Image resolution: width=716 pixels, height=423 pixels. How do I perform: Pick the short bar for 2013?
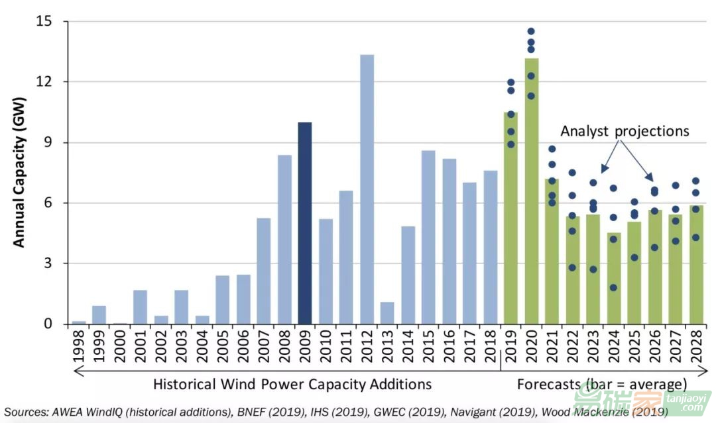pos(387,312)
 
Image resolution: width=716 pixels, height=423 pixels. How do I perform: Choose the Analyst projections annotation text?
pos(625,131)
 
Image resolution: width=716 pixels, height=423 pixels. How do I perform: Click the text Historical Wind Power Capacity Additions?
pos(292,384)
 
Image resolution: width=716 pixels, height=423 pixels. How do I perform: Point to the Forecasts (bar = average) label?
pos(602,384)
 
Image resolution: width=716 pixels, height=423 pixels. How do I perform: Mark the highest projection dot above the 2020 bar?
pos(531,31)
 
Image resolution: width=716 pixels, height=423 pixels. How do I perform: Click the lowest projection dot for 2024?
pos(613,287)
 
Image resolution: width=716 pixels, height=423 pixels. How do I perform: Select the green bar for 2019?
pos(510,218)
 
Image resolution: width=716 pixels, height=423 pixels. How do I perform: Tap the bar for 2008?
pos(284,239)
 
